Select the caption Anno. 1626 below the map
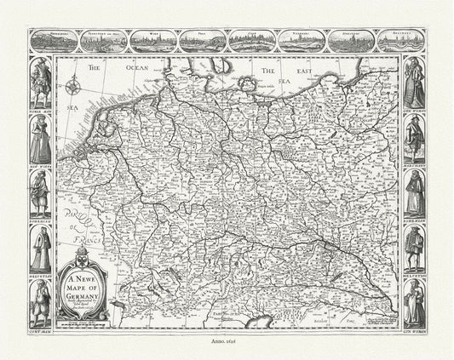click(227, 340)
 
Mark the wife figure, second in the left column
click(39, 136)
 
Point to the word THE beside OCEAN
click(92, 66)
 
